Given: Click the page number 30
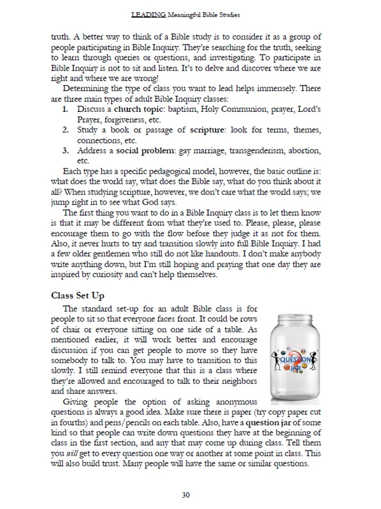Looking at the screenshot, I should (186, 495).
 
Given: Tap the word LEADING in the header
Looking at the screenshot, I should (148, 15).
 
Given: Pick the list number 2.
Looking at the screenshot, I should (66, 130).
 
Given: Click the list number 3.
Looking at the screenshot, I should (66, 151).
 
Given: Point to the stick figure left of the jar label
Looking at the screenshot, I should (278, 361).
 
